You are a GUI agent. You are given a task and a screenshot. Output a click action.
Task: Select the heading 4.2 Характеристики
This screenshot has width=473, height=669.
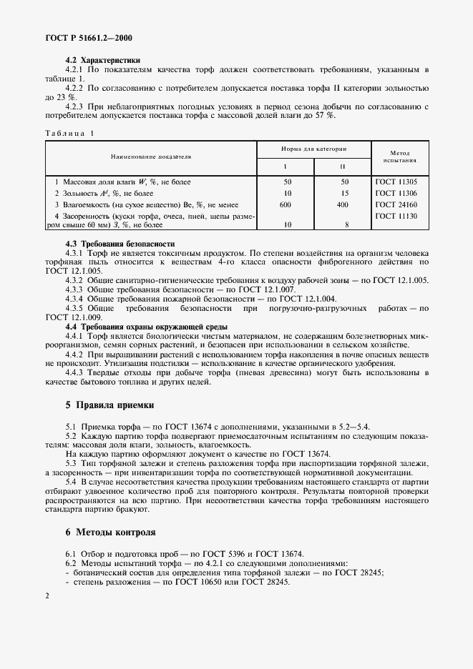tap(102, 60)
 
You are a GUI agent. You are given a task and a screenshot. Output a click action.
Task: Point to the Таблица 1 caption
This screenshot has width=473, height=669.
tap(69, 133)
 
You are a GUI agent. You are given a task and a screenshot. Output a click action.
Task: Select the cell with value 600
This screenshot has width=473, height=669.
tap(287, 204)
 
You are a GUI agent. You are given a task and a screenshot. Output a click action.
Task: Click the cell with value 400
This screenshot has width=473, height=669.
tap(342, 204)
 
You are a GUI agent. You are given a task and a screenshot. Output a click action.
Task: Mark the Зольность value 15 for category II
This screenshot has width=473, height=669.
tap(343, 193)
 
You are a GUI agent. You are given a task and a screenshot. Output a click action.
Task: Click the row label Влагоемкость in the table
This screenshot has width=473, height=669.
tap(87, 204)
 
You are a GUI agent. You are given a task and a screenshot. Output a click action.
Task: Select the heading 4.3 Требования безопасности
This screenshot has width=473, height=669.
tap(120, 244)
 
